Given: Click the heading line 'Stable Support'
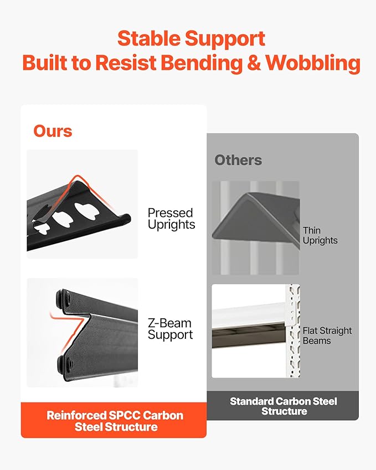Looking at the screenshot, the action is coord(191,39).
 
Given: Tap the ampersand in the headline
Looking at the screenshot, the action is coord(254,63).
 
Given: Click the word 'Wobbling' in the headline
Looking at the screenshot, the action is coord(313,63).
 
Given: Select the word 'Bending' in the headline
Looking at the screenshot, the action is coord(202,63).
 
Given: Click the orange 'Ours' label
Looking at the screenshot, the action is coord(53,131).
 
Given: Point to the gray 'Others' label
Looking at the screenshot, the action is coord(238,160).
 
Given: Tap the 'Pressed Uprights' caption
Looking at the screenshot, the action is coord(171,219).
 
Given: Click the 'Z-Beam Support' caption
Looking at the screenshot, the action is coord(170,329).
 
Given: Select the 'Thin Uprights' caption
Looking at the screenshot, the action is coord(320,235).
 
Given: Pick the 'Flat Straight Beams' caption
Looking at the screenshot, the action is coord(327,335).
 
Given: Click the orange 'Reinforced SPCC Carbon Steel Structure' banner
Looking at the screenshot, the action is coord(114,420).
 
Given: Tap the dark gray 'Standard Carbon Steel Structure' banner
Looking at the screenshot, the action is coord(283,406).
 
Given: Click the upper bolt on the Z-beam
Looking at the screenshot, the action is coord(62,298).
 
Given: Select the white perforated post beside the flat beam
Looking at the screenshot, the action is coord(294,330).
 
